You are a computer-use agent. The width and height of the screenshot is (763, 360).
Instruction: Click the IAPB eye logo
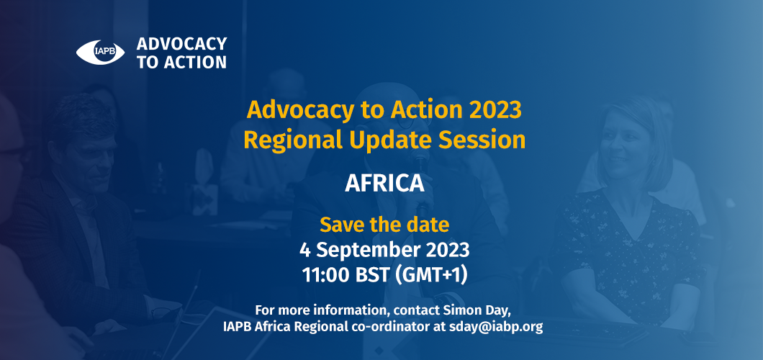click(100, 52)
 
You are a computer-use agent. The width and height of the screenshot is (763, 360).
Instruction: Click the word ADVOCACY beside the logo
click(181, 44)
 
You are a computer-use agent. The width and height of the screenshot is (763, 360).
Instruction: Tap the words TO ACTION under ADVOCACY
click(181, 62)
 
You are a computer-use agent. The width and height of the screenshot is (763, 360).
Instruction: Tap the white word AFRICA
click(384, 184)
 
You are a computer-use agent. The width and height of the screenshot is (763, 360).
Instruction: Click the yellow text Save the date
click(384, 225)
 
